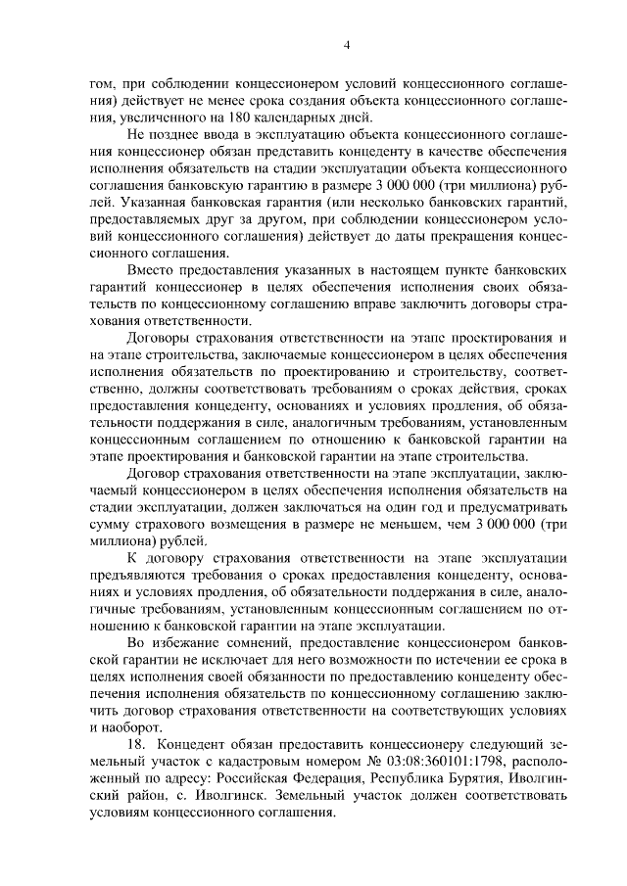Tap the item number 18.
137,743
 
